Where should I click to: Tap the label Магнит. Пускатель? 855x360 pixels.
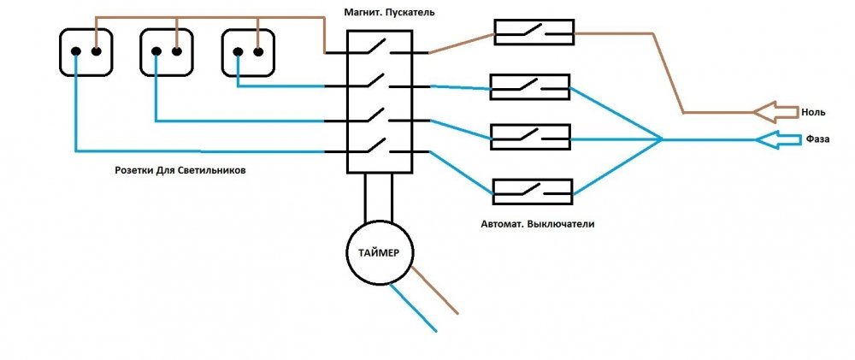(389, 11)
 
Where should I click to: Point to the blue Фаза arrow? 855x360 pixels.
(776, 139)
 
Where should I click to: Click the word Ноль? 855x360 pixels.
(814, 113)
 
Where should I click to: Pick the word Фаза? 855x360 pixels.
(817, 139)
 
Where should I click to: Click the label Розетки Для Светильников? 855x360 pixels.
(180, 171)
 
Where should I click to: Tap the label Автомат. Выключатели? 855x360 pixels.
(538, 224)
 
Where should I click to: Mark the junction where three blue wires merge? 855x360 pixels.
(662, 139)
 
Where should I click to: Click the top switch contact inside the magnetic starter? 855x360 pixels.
(377, 47)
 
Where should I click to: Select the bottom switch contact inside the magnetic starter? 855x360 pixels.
(377, 145)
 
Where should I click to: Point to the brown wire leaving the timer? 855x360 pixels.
(434, 290)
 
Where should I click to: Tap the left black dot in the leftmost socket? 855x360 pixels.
(76, 52)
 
